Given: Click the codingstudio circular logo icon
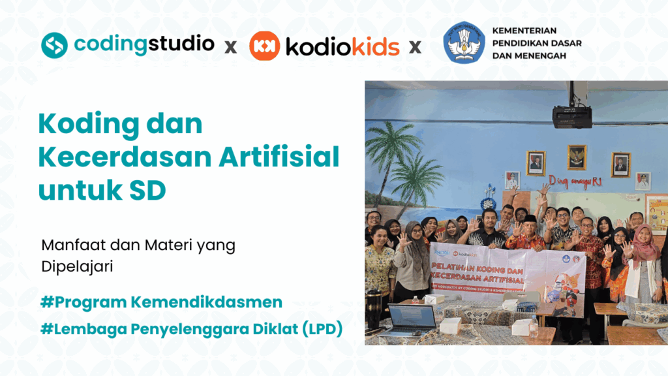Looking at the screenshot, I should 55,44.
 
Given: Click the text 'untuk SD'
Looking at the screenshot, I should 102,190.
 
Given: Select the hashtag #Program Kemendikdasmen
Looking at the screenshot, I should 161,302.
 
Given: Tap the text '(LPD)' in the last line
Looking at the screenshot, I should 319,330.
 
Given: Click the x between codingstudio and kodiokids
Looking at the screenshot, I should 230,47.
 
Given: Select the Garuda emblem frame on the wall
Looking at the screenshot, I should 577,157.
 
